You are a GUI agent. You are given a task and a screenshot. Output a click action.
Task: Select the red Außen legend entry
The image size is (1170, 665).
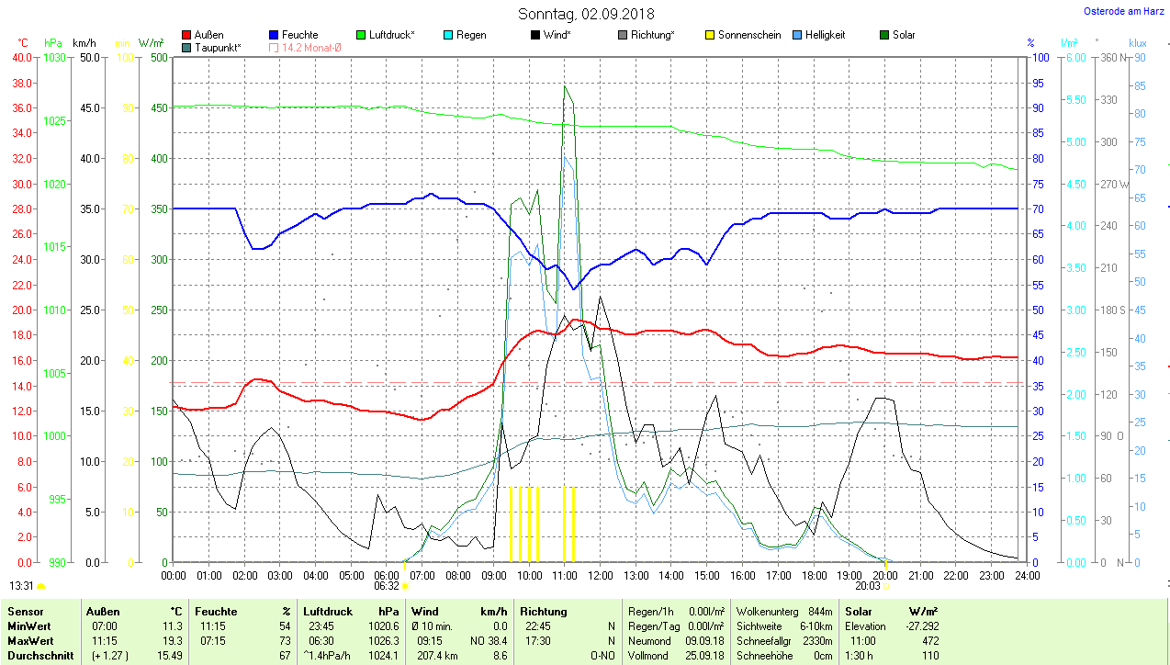[203, 35]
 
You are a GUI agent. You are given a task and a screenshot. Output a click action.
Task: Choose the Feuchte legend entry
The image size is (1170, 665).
[293, 35]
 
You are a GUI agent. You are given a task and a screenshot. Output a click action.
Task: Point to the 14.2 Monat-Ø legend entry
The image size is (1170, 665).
[305, 47]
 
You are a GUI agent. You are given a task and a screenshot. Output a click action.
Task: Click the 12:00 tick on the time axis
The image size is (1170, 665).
[600, 576]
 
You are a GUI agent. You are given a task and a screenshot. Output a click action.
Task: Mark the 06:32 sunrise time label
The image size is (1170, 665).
[387, 585]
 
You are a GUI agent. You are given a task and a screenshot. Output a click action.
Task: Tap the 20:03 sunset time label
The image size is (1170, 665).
[867, 585]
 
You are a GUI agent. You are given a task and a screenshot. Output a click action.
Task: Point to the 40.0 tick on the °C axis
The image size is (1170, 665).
[20, 58]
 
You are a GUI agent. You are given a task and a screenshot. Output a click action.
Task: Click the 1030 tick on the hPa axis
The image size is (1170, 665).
[55, 58]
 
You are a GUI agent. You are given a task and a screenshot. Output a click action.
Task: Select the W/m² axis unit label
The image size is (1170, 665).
[152, 43]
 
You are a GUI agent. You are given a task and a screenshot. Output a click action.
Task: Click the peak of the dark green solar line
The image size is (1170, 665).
[565, 86]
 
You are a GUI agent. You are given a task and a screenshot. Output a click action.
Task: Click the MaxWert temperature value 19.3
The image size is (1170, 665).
[172, 640]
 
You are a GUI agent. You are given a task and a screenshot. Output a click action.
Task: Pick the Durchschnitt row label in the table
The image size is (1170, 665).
[40, 656]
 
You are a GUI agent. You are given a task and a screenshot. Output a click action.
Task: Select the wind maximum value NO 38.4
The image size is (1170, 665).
[489, 640]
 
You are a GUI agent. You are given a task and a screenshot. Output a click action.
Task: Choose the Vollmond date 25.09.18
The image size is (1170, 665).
[704, 656]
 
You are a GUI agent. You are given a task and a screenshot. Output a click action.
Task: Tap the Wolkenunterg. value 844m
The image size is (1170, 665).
[820, 611]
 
